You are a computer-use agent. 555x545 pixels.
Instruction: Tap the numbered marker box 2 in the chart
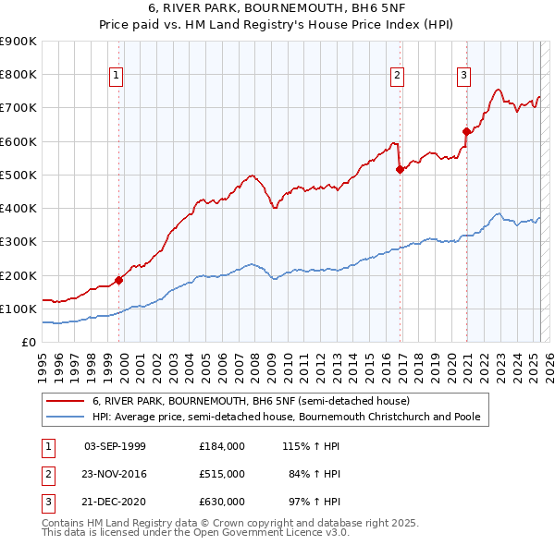click(397, 76)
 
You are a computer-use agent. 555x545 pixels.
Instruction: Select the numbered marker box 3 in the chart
click(463, 76)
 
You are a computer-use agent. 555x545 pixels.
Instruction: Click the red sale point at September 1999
click(118, 280)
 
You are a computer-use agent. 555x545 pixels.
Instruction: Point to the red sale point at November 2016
click(400, 169)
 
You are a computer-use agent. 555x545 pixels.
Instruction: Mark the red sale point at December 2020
click(466, 131)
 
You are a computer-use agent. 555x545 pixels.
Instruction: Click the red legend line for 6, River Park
click(66, 402)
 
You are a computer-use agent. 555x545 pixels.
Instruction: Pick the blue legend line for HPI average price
click(66, 417)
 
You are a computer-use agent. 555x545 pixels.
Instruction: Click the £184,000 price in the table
click(221, 446)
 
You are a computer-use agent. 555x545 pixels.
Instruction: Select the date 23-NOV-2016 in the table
click(115, 474)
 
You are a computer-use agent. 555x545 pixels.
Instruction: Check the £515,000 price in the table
click(221, 474)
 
